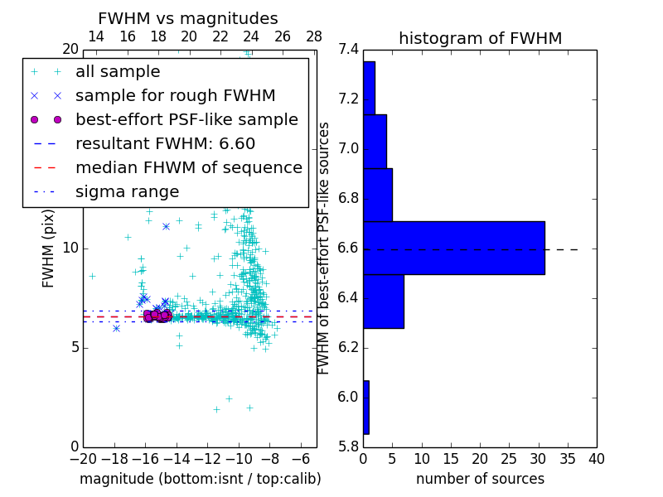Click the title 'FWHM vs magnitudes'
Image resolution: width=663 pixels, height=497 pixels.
click(188, 19)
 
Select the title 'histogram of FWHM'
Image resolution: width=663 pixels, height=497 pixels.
click(480, 39)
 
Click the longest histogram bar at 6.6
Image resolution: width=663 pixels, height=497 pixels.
click(453, 248)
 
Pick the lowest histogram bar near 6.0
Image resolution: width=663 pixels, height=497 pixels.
click(365, 407)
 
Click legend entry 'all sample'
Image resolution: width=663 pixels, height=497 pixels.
click(118, 72)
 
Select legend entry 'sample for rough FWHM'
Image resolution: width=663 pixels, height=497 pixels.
click(175, 95)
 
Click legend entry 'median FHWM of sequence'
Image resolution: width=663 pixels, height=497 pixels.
click(188, 167)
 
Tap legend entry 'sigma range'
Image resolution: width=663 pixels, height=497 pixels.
click(127, 191)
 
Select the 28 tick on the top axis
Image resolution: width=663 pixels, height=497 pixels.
click(314, 36)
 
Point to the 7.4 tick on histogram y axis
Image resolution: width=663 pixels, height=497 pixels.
click(348, 50)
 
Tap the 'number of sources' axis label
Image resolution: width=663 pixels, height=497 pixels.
click(480, 479)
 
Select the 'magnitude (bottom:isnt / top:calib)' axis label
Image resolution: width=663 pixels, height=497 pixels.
click(200, 479)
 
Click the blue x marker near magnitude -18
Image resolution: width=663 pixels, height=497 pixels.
click(116, 328)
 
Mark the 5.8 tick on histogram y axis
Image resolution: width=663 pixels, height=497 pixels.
click(348, 446)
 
